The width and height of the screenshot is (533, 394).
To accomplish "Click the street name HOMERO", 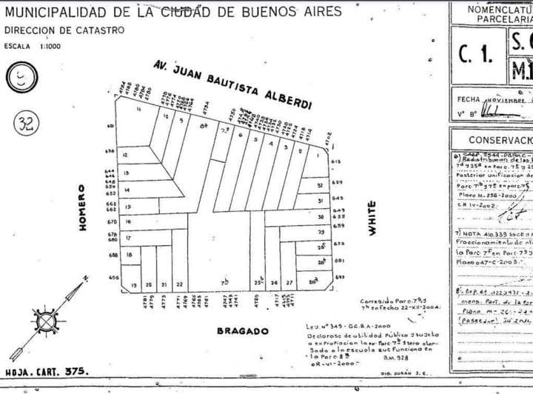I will [84, 207].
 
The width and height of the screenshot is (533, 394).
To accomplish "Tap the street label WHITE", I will [372, 219].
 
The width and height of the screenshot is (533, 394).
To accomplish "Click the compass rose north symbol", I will [46, 321].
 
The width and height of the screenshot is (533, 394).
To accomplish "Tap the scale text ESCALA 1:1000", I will [33, 46].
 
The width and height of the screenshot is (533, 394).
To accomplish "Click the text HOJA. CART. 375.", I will [46, 373].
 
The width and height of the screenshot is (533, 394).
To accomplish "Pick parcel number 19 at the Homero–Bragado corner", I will [134, 284].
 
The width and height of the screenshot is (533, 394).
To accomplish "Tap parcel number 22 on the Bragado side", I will [179, 284].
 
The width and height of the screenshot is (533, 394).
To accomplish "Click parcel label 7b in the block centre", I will [224, 282].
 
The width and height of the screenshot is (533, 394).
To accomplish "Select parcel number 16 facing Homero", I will [127, 222].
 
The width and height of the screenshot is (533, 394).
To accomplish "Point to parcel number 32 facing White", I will [320, 185].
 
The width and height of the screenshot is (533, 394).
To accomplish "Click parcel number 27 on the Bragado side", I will [289, 283].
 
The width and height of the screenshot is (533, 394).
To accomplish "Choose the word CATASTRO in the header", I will [96, 30].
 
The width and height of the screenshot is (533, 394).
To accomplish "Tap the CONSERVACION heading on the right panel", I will [500, 140].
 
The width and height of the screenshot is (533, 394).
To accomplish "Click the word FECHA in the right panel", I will [469, 98].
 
